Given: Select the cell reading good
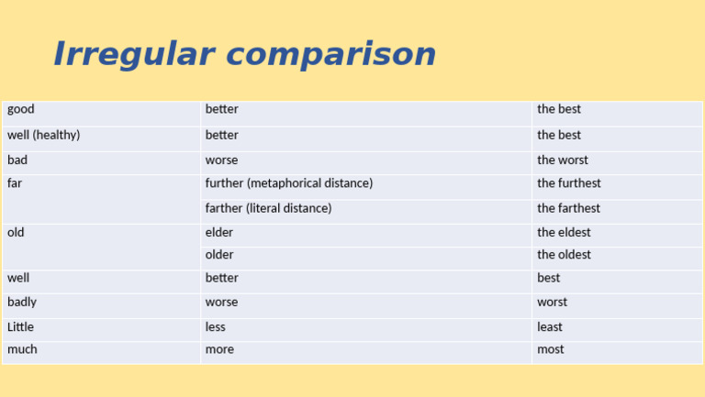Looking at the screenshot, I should [x=21, y=109].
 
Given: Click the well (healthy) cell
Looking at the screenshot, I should [x=44, y=135].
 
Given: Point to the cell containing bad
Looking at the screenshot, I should [x=17, y=160].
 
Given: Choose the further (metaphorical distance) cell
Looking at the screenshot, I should [x=289, y=183].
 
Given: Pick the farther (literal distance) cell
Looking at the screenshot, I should [x=268, y=208].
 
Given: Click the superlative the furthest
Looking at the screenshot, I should [x=568, y=183].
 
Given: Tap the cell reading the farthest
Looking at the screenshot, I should [x=568, y=208].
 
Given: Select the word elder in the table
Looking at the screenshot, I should [x=219, y=232].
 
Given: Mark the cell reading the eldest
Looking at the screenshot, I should [x=564, y=232].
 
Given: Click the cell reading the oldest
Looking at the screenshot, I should [x=564, y=255].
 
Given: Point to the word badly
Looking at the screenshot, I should [x=22, y=302].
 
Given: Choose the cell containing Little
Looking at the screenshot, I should [x=20, y=326].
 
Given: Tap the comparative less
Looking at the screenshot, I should [x=216, y=326].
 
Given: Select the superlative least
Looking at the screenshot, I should [x=550, y=326].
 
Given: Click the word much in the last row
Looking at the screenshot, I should [x=23, y=349].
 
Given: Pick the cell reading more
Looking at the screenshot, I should [x=219, y=349].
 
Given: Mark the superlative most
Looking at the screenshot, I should [x=551, y=349].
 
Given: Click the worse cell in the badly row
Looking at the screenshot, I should [x=221, y=302].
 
